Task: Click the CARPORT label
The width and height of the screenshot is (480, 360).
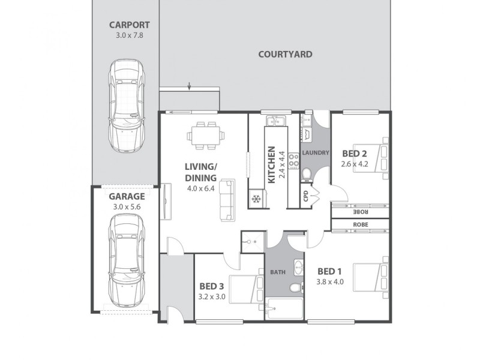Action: tap(129, 25)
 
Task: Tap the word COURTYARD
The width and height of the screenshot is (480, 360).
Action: tap(285, 54)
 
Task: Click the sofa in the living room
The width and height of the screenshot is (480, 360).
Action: tap(227, 199)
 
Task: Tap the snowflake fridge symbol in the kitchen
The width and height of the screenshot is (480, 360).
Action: tap(256, 198)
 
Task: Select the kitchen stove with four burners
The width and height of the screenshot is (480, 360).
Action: tap(294, 160)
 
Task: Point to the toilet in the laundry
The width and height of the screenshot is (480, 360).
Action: tap(306, 175)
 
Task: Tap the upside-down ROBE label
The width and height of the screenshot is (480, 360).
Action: tap(361, 212)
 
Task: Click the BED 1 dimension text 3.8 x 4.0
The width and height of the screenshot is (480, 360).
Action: tap(331, 281)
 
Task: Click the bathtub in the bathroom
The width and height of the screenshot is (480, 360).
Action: tap(285, 311)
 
